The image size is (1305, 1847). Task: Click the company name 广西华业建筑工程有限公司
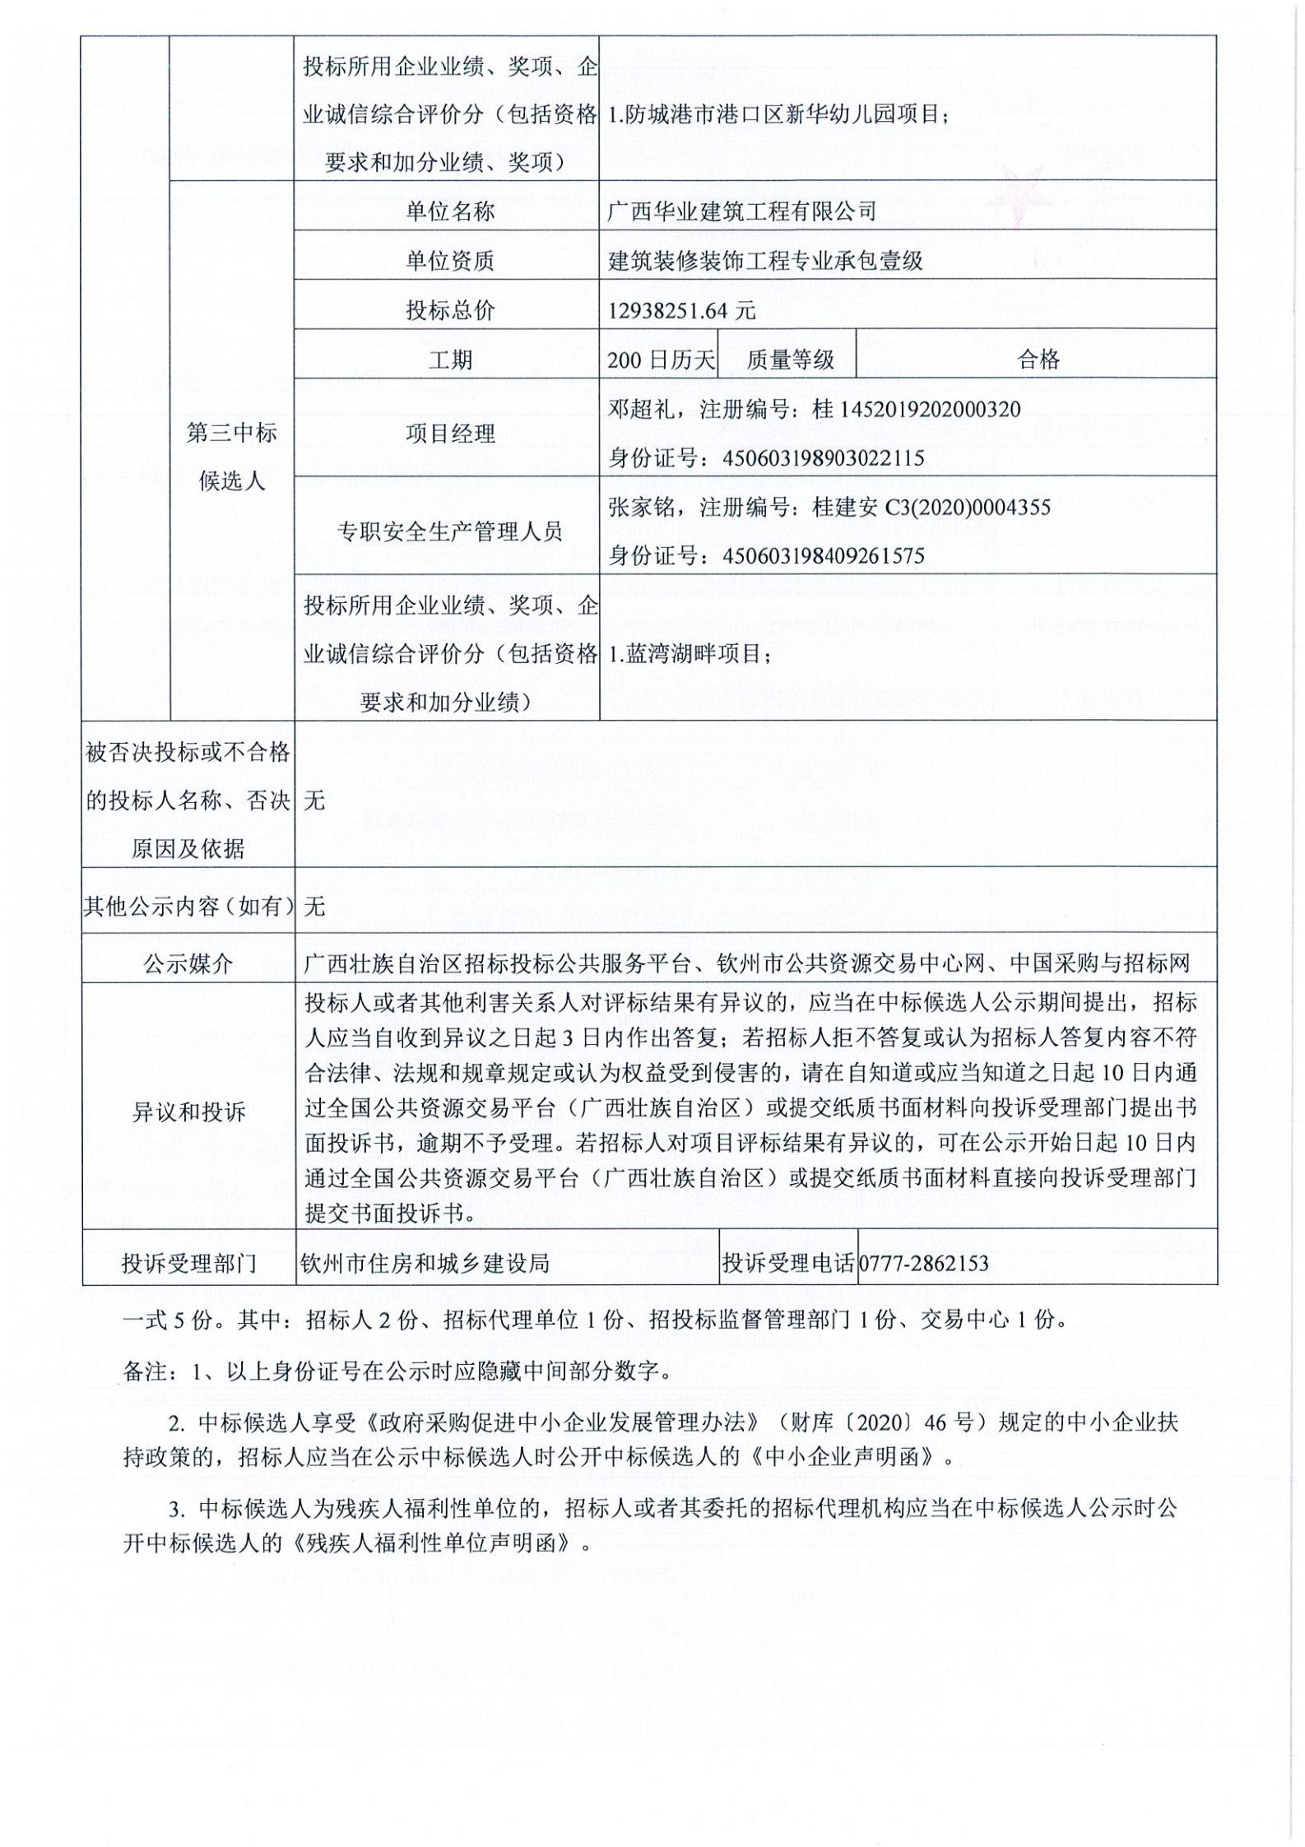tap(741, 211)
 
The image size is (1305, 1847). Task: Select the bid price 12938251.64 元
tap(681, 310)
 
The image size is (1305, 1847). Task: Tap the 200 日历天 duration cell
tap(661, 360)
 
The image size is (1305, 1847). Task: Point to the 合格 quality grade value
tap(1038, 360)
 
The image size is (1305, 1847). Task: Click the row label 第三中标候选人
tap(232, 457)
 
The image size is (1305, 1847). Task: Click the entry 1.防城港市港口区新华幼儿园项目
tap(778, 114)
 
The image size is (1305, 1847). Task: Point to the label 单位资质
tap(449, 261)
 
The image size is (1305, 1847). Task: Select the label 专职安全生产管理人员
tap(449, 531)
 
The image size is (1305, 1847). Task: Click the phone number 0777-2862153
tap(923, 1263)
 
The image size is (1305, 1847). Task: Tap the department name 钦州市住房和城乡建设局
tap(425, 1263)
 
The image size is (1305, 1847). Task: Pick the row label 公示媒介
tap(188, 963)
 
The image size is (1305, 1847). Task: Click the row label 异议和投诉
tap(188, 1112)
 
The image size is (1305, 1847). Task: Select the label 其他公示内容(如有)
tap(188, 906)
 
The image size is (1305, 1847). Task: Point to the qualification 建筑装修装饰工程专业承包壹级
tap(765, 261)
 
